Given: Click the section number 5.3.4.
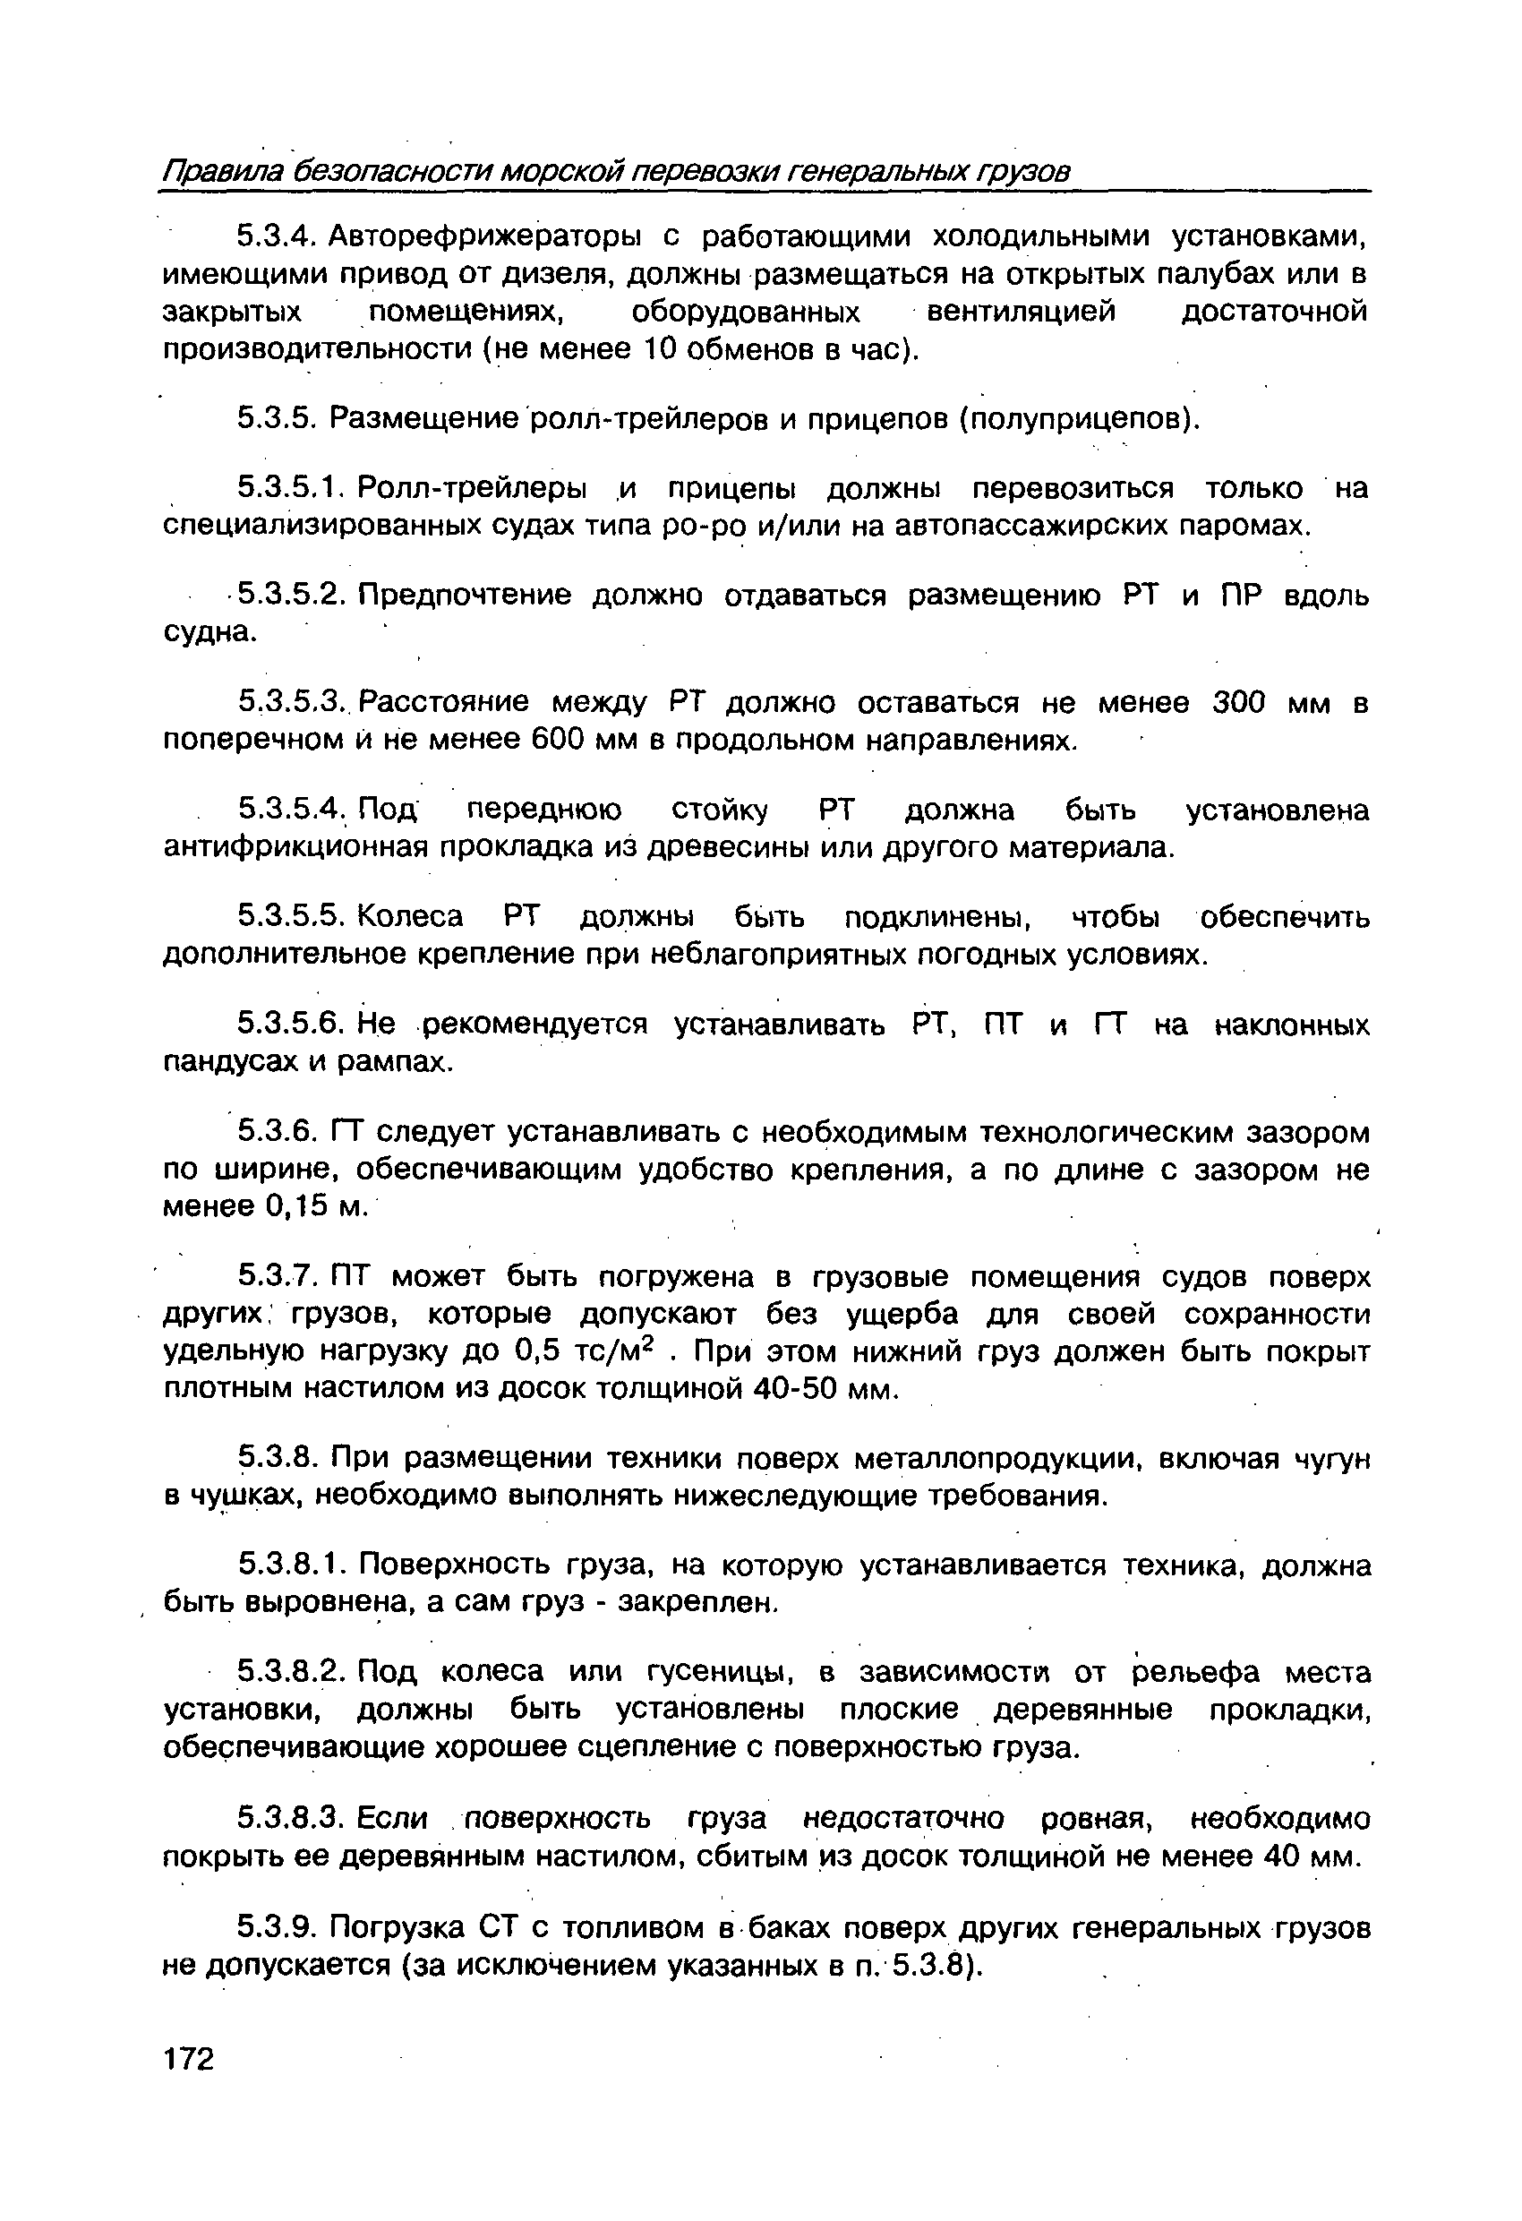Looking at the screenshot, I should coord(275,236).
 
